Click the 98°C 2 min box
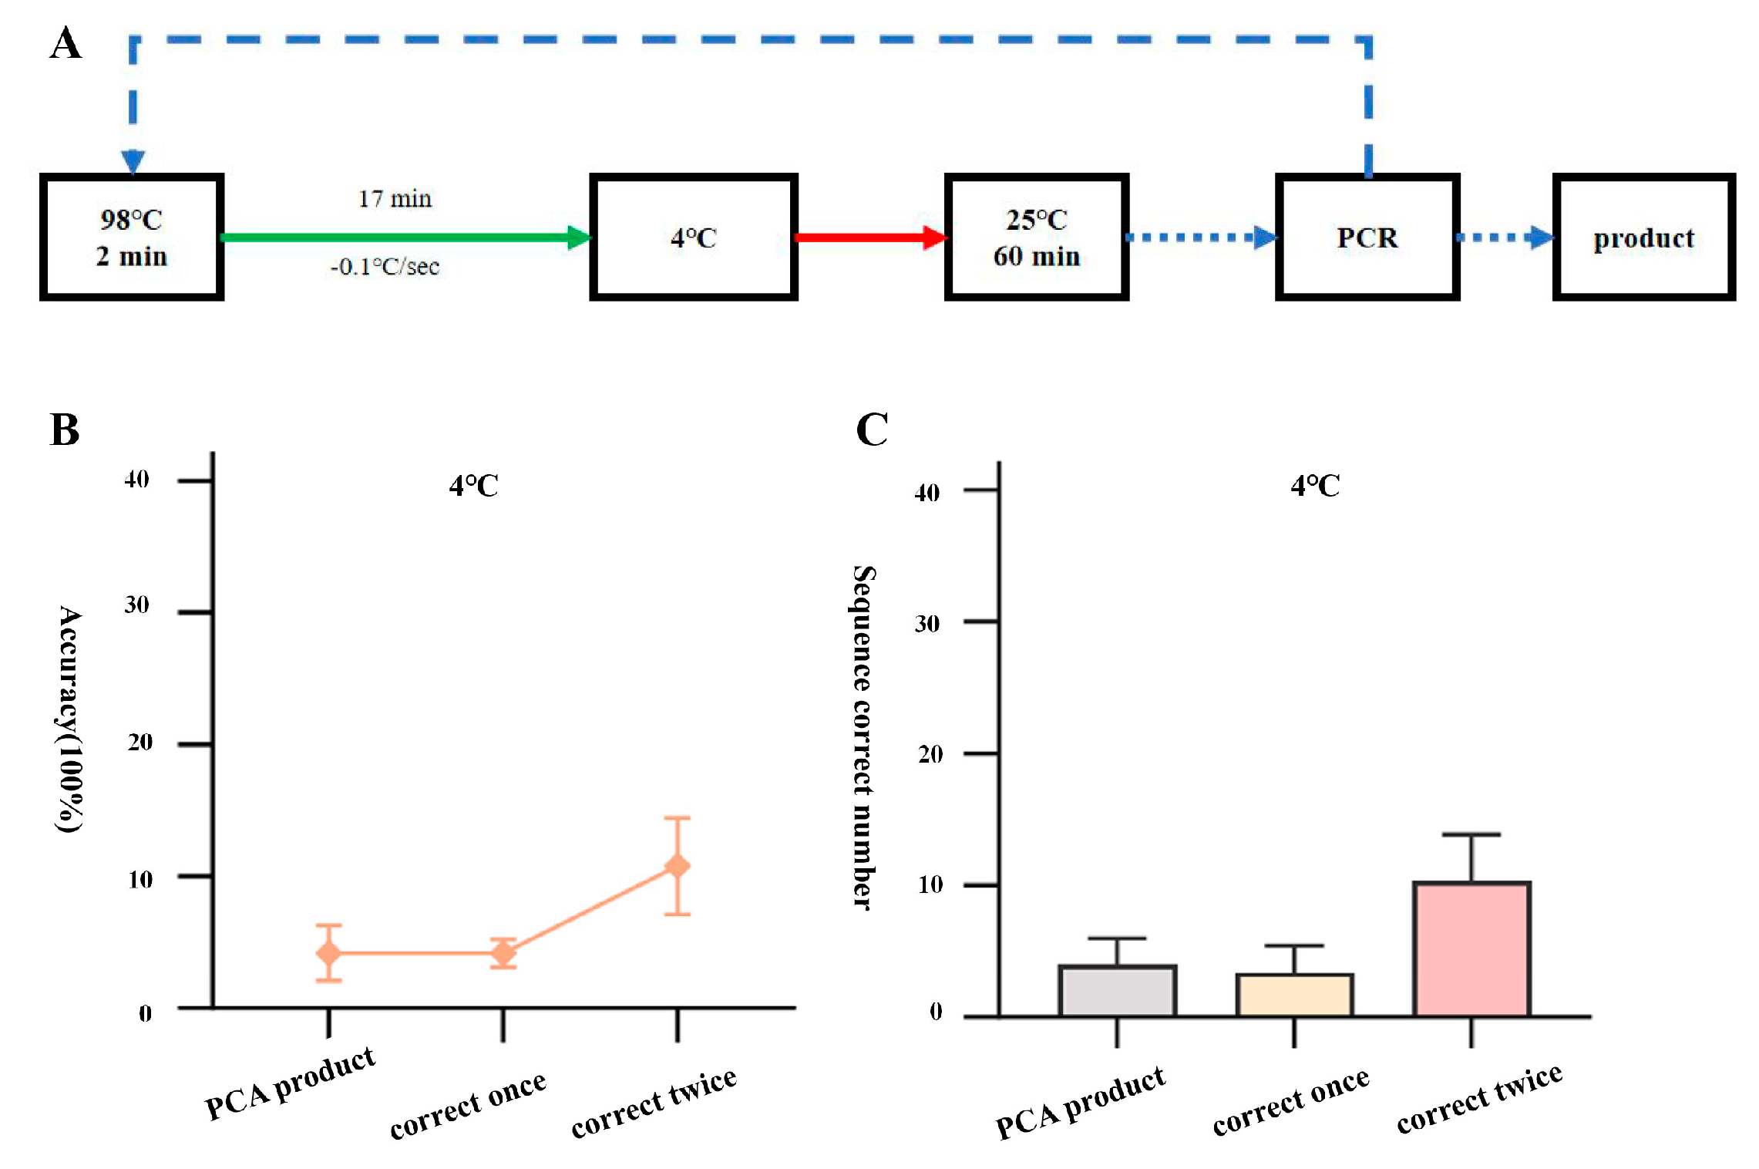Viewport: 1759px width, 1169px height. [x=132, y=237]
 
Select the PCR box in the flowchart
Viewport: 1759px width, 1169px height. [x=1367, y=237]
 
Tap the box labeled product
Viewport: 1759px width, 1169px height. [x=1643, y=237]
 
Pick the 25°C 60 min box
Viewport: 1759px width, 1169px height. [x=1036, y=237]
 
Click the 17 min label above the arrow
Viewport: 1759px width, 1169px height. [x=395, y=199]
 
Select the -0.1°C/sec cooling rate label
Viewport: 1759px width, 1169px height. [x=385, y=267]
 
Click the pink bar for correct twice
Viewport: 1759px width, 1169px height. [x=1471, y=949]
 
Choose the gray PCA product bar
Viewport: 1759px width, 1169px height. [x=1117, y=991]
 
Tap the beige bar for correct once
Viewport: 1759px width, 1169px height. [x=1294, y=996]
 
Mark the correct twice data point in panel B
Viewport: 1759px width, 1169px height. [x=677, y=866]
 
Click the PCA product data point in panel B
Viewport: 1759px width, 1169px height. [x=328, y=953]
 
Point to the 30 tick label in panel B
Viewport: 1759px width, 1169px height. [x=137, y=605]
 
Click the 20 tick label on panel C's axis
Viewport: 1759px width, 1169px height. [x=930, y=754]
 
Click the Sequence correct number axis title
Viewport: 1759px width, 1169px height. [x=863, y=737]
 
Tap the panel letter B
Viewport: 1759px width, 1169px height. [x=65, y=430]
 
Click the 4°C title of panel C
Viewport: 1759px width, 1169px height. [x=1315, y=486]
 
